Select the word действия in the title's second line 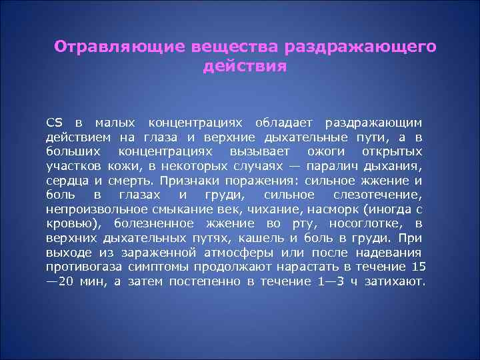click(x=243, y=67)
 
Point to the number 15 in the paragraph click(x=418, y=267)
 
